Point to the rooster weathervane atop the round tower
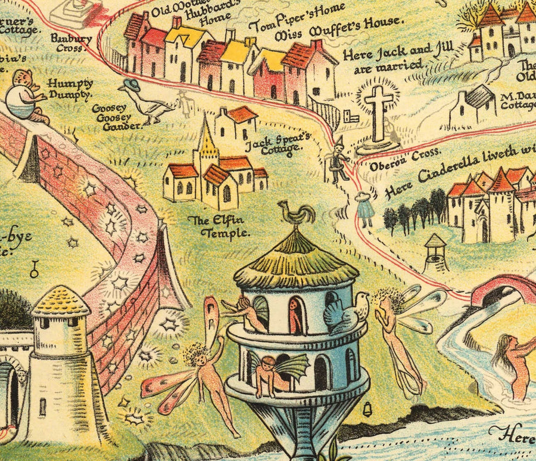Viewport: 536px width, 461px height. [296, 214]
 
